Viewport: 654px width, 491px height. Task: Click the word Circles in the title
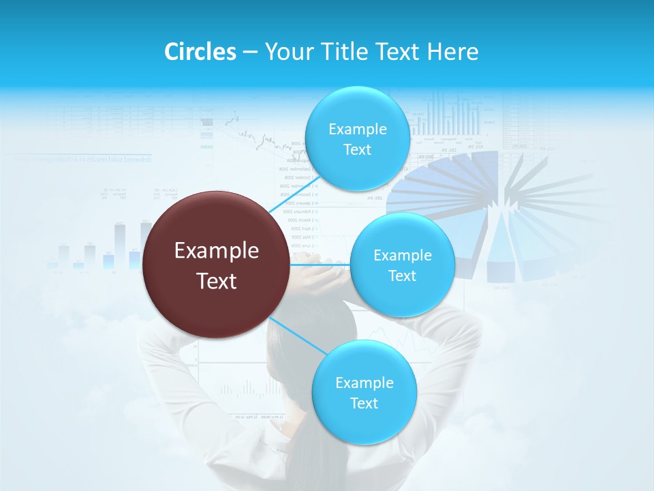point(200,52)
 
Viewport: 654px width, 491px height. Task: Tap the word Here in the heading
point(452,52)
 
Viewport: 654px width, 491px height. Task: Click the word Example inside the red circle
point(217,251)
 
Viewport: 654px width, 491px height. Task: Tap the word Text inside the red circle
point(217,281)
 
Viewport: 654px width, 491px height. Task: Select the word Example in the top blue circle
point(357,130)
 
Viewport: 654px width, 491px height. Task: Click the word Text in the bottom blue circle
point(364,403)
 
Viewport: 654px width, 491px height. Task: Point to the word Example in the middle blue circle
point(402,256)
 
